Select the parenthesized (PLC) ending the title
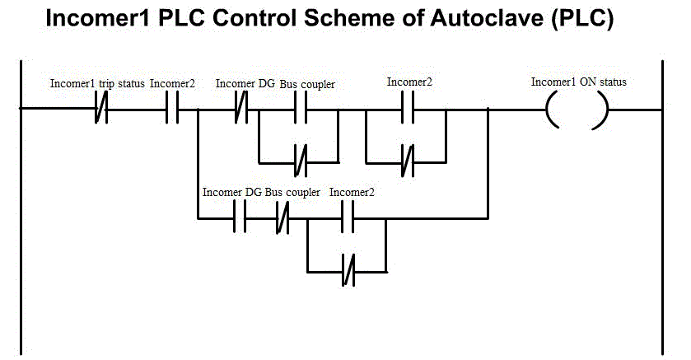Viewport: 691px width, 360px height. pos(582,21)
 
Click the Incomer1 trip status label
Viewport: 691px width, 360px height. pos(97,83)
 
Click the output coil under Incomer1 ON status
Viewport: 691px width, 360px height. pos(577,108)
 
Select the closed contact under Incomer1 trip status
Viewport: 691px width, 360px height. pos(101,108)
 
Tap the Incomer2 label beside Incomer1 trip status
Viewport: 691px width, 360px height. pos(172,83)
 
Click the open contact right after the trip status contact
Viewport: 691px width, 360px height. pos(172,108)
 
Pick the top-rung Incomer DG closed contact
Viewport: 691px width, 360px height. pos(242,108)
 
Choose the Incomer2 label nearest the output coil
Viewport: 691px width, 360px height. pos(409,82)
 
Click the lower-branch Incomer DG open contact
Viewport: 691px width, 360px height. pos(240,218)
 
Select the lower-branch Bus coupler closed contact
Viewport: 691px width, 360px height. pos(282,218)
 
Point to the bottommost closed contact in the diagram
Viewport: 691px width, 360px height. pos(348,271)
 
